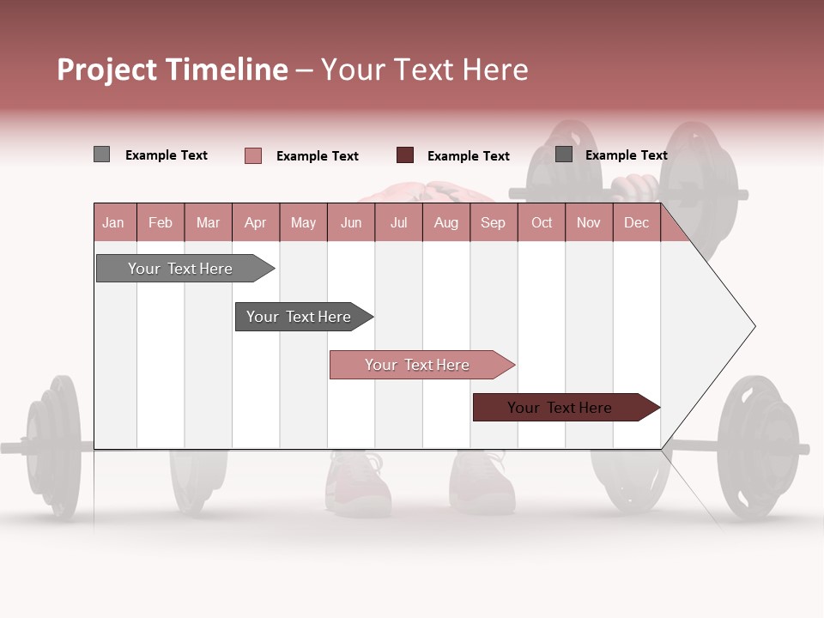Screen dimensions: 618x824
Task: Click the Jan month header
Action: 114,222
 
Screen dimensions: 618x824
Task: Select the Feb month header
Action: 161,222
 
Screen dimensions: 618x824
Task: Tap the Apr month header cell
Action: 256,222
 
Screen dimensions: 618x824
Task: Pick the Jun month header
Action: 351,222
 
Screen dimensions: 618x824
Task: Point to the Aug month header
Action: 446,222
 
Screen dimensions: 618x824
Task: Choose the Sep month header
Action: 494,222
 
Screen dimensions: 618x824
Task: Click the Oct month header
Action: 542,222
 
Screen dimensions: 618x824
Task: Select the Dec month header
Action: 637,222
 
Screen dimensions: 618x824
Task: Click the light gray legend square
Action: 101,154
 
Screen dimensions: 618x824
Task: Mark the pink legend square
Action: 252,155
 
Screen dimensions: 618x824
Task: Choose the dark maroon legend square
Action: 404,155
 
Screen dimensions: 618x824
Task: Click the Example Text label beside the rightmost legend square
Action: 626,155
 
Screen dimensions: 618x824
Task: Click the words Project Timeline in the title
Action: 173,70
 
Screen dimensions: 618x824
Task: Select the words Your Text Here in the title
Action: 425,70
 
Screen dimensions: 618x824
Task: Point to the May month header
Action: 303,222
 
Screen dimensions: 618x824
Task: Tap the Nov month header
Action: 589,222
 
